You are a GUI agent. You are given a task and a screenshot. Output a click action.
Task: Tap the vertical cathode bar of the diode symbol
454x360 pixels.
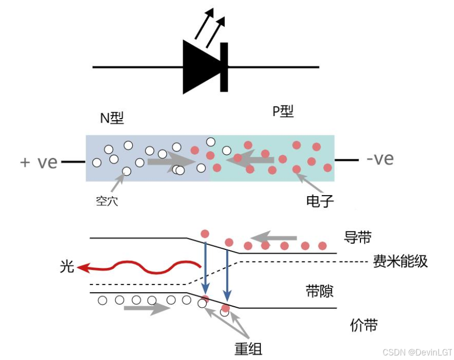pos(224,67)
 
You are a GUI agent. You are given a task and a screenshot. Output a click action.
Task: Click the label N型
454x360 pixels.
pos(112,118)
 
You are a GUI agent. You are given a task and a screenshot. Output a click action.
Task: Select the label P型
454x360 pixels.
pos(283,112)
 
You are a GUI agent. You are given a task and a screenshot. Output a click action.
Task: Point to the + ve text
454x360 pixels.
pos(39,162)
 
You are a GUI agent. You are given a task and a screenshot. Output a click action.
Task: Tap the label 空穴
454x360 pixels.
pos(107,202)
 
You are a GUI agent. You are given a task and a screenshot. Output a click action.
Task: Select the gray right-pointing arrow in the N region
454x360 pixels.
pos(170,161)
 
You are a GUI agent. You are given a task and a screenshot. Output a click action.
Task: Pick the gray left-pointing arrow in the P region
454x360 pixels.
pos(250,159)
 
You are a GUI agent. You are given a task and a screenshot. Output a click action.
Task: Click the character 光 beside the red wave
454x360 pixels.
pos(67,267)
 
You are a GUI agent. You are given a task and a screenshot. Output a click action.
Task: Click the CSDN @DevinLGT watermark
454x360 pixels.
pos(417,352)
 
